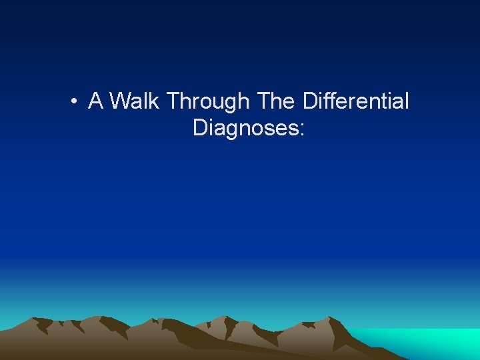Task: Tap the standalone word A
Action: [x=95, y=101]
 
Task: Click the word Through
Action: [x=208, y=103]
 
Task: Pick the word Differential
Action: [x=356, y=101]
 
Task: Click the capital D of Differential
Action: [x=310, y=101]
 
